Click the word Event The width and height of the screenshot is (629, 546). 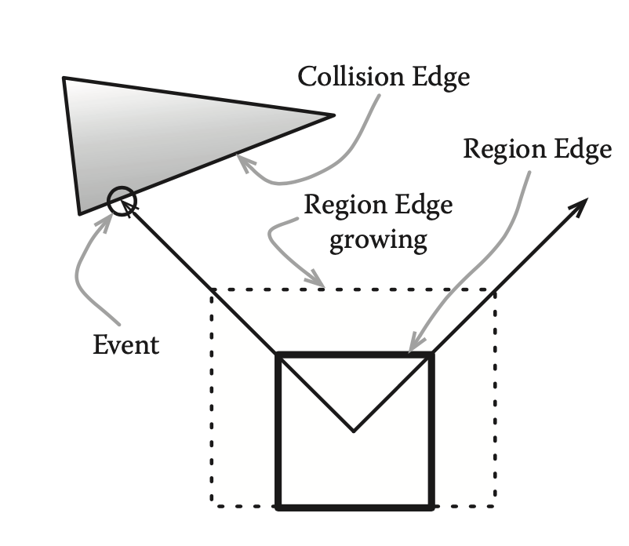click(125, 344)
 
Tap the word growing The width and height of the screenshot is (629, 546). click(378, 238)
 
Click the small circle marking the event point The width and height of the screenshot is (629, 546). click(122, 202)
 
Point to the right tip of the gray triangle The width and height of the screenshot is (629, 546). click(333, 115)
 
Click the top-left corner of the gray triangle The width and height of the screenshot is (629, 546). click(64, 78)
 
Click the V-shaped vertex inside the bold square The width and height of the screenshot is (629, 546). click(354, 430)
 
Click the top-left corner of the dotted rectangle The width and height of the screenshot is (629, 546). click(211, 291)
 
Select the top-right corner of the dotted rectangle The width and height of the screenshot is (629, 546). click(494, 291)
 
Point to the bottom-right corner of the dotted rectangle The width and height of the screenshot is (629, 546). click(494, 504)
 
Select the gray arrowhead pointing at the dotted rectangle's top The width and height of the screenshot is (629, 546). click(318, 281)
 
